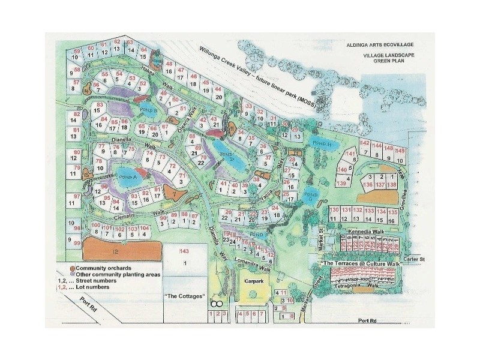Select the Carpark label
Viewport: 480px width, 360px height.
point(255,280)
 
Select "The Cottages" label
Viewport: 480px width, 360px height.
point(185,296)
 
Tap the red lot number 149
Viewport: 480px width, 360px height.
point(401,150)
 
